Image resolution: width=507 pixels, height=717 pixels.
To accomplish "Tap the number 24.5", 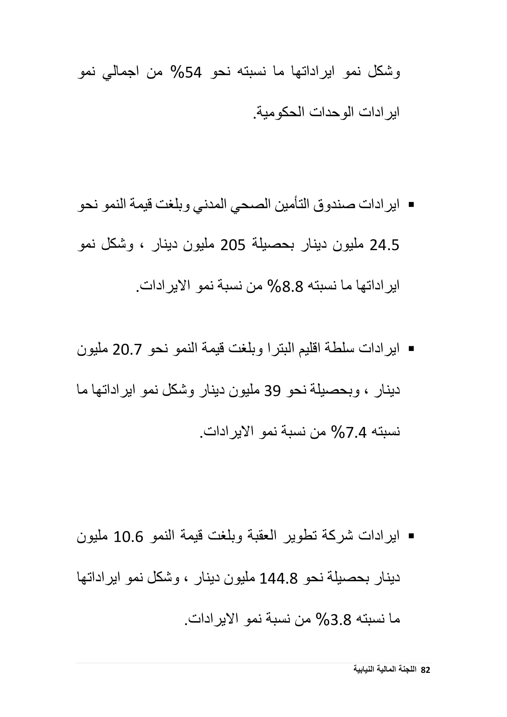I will point(384,246).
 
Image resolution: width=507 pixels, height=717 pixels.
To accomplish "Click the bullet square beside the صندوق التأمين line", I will point(411,205).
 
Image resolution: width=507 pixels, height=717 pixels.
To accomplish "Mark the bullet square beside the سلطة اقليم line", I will point(411,349).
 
